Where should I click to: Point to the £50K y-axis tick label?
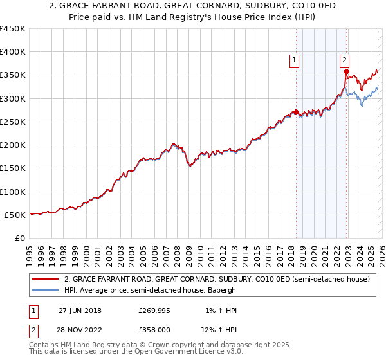(x=15, y=215)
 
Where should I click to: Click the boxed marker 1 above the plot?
(x=295, y=60)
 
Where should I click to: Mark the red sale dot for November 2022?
(x=346, y=72)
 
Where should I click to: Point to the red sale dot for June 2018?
(x=296, y=113)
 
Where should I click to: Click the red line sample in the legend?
(x=45, y=280)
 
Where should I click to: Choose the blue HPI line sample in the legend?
(x=45, y=291)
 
